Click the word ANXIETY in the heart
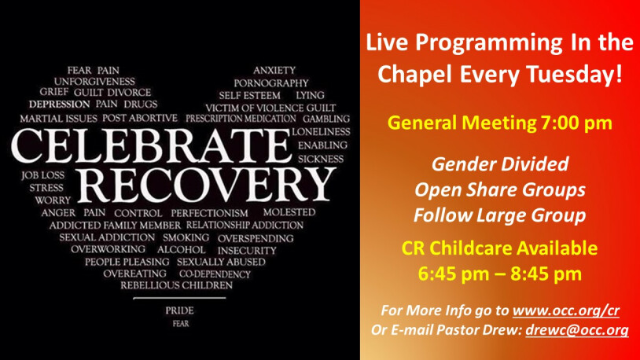point(274,70)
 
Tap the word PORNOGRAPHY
point(271,83)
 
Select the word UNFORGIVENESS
point(94,81)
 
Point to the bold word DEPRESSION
point(59,104)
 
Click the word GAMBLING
point(326,119)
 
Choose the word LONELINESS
point(321,132)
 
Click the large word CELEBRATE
point(151,145)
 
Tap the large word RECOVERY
point(206,185)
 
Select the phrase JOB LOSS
point(43,175)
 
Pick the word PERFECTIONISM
point(209,213)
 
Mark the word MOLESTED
point(289,212)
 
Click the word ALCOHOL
point(181,249)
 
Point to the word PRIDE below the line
point(179,310)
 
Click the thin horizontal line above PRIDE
point(179,299)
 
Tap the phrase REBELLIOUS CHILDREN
point(176,285)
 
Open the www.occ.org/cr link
point(566,310)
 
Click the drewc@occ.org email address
point(577,330)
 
